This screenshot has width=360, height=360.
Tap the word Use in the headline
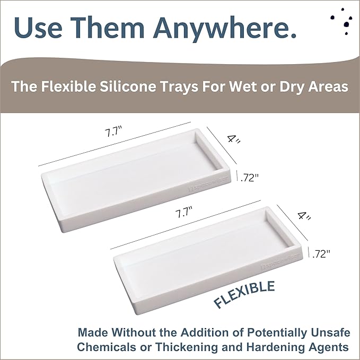(41, 28)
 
